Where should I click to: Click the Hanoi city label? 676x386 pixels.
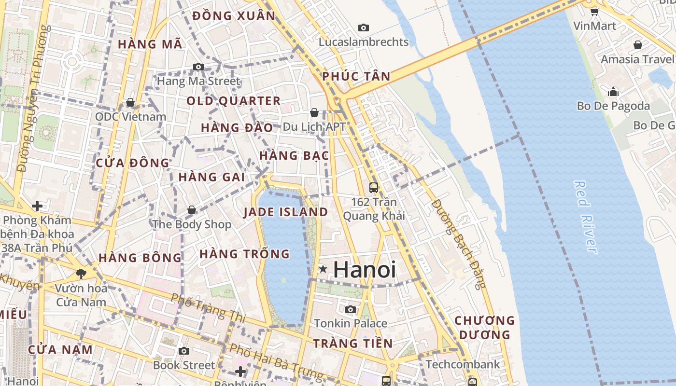[x=365, y=270]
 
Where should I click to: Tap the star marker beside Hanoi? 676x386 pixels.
[x=323, y=269]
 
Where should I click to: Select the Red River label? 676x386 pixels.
[x=585, y=216]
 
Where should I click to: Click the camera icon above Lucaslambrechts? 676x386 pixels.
[x=364, y=28]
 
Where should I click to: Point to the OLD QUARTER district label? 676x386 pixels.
[x=233, y=101]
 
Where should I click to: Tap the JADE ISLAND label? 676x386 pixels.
[x=285, y=212]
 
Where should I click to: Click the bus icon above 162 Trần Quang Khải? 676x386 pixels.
[x=373, y=187]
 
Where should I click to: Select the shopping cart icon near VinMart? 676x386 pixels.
[x=594, y=12]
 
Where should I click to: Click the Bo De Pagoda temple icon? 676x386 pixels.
[x=613, y=91]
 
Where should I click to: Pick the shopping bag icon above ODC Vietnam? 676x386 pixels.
[x=130, y=102]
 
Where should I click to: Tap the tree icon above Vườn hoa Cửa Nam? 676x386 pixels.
[x=81, y=274]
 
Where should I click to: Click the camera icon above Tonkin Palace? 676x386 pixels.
[x=351, y=309]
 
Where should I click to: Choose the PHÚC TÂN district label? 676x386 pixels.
[x=356, y=76]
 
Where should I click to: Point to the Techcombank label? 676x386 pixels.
[x=463, y=364]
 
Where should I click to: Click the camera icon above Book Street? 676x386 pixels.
[x=183, y=351]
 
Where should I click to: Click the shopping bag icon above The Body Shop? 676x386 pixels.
[x=192, y=210]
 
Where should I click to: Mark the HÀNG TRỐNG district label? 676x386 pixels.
[x=244, y=254]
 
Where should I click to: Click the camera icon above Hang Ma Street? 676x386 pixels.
[x=198, y=67]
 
